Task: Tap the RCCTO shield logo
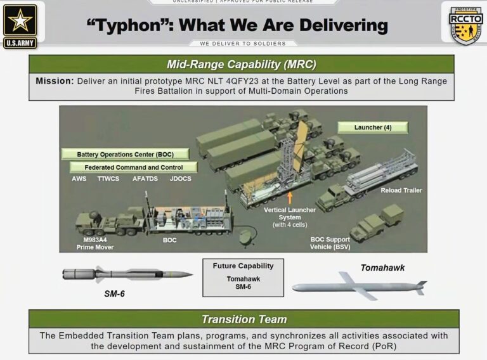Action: coord(465,23)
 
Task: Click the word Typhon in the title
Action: coord(129,25)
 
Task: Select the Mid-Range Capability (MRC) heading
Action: coord(241,64)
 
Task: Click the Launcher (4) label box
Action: coord(372,127)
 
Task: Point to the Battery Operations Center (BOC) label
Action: coord(125,154)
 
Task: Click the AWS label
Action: coord(79,179)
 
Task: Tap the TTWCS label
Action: coord(109,179)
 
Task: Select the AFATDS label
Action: coord(145,179)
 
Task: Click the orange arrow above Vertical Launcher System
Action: coord(290,196)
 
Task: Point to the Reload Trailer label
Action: coord(401,190)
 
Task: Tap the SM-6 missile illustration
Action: coord(127,274)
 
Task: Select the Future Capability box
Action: coord(243,277)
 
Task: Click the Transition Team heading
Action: coord(243,319)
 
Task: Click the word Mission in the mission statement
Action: coord(55,81)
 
